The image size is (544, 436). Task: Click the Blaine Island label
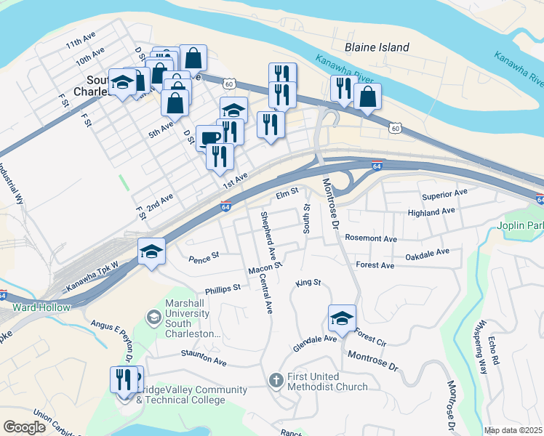(377, 48)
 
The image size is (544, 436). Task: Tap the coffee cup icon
(209, 137)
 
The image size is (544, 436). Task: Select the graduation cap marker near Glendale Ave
(342, 318)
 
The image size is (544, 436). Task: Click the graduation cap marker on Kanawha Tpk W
(151, 251)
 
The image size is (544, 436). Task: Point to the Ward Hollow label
(41, 307)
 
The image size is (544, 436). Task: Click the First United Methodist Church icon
(276, 380)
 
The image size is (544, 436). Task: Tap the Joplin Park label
(520, 226)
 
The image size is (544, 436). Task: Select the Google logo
(24, 427)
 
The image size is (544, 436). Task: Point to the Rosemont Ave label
(372, 238)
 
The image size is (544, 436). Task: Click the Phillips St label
(223, 288)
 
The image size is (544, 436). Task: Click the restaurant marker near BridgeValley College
(123, 379)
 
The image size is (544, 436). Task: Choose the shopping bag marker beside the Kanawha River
(368, 97)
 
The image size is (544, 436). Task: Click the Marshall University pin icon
(153, 317)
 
